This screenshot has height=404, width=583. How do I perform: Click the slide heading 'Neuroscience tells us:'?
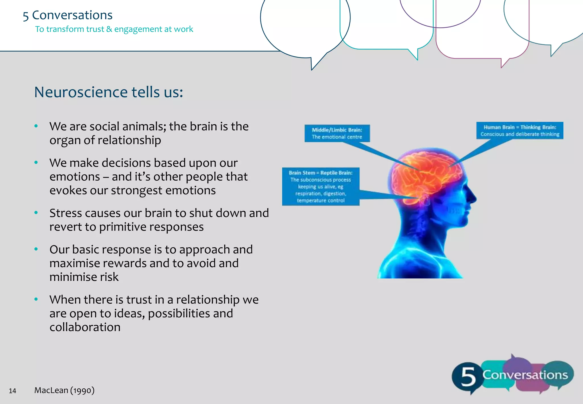coord(108,92)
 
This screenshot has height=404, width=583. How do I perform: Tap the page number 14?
coord(13,391)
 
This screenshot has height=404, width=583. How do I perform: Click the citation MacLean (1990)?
coord(64,390)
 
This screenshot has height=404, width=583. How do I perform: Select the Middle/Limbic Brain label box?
coord(337,133)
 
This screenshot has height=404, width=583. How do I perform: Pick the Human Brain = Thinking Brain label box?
coord(520,130)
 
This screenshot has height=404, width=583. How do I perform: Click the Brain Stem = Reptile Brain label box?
coord(321,187)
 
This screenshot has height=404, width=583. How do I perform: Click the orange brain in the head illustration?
coord(427,174)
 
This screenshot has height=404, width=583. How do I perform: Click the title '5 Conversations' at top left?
coord(68,15)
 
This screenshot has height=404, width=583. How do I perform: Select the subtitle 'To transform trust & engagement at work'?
coord(114,29)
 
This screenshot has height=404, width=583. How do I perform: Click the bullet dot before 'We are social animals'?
coord(36,126)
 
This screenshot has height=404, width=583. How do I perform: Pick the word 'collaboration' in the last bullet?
coord(85,327)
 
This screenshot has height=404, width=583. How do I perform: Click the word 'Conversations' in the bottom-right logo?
coord(525,375)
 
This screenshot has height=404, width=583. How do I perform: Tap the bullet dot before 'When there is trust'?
coord(36,299)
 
